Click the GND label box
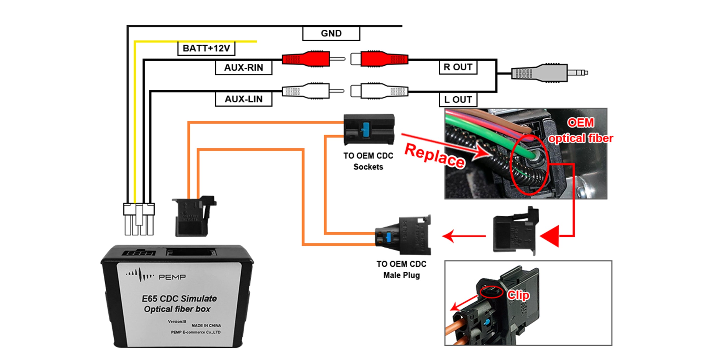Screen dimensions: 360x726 point(331,34)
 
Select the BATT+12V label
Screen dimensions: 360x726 point(206,48)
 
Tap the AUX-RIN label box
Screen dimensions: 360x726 point(244,68)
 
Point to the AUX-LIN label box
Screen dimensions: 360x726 point(244,99)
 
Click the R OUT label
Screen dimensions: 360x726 point(458,67)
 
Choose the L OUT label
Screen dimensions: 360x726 point(458,99)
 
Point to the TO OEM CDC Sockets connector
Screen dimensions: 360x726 point(369,130)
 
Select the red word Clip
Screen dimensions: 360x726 point(518,295)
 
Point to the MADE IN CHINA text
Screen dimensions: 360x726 point(206,325)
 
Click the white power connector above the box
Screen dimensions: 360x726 point(139,218)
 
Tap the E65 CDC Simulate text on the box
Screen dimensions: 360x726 point(179,299)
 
